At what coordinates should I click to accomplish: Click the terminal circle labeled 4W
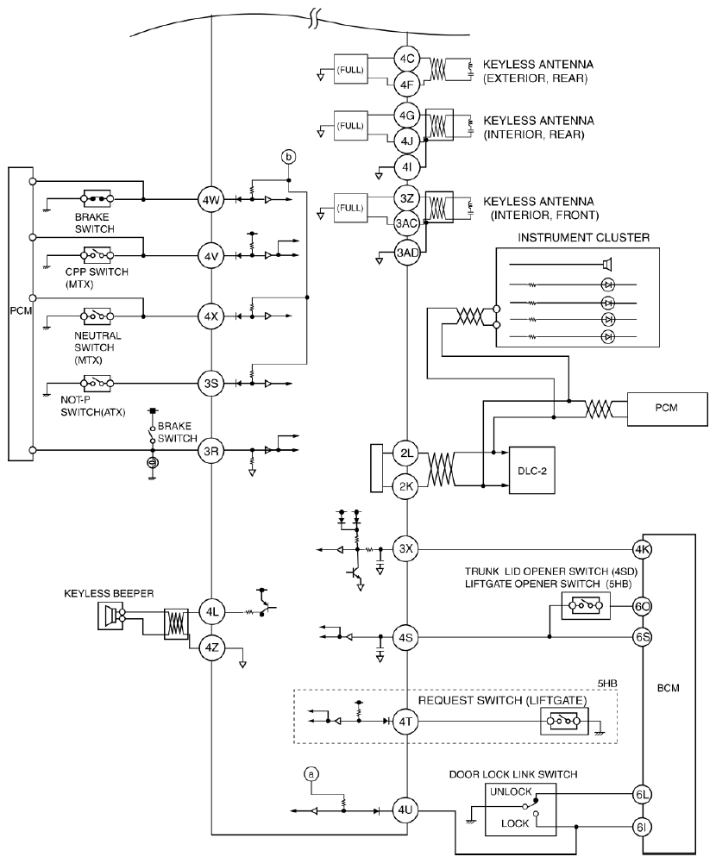click(x=211, y=200)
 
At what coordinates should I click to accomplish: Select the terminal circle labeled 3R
click(x=211, y=451)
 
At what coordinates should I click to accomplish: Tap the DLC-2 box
click(x=531, y=471)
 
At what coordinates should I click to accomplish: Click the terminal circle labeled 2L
click(x=406, y=453)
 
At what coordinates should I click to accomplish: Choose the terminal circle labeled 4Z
click(x=211, y=647)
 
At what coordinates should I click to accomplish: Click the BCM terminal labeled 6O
click(x=642, y=607)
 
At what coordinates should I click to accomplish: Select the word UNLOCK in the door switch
click(x=511, y=791)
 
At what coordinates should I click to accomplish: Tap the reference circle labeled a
click(x=311, y=774)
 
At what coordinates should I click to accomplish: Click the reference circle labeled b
click(x=289, y=157)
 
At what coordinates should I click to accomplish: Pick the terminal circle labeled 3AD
click(x=407, y=253)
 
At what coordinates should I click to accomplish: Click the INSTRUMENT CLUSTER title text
click(x=583, y=238)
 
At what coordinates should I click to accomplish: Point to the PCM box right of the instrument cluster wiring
click(x=667, y=409)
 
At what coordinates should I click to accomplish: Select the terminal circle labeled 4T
click(x=405, y=721)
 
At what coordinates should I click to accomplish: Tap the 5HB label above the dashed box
click(x=607, y=684)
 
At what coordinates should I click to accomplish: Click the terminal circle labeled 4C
click(x=407, y=59)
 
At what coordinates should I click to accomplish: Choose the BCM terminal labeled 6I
click(x=642, y=827)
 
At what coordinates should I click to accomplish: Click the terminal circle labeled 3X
click(x=406, y=548)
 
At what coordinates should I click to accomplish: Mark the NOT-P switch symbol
click(x=97, y=383)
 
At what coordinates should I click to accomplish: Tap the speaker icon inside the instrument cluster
click(x=607, y=265)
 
